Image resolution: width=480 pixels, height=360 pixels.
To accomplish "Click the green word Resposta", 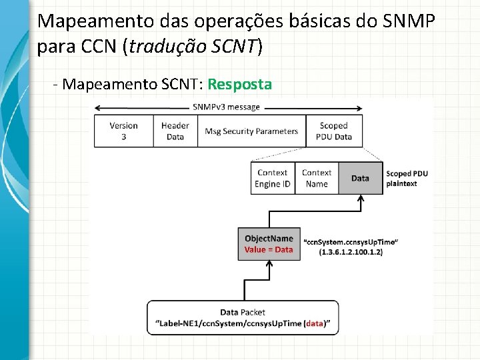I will pos(239,85).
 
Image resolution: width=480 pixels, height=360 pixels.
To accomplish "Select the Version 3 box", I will pos(123,131).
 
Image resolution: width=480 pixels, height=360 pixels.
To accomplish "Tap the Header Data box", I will pos(175,131).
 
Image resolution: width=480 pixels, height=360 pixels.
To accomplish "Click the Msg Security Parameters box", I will pos(251,131).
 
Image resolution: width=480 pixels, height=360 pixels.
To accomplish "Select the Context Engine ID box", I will pos(272,178).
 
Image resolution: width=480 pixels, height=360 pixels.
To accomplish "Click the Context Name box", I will pos(317,178).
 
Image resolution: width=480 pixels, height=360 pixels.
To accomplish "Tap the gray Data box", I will pos(360,178).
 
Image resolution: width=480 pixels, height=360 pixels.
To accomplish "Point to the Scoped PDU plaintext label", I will pos(407,178).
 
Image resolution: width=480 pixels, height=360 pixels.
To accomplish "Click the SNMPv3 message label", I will pos(227,107).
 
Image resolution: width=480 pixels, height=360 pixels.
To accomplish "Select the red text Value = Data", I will pos(269,250).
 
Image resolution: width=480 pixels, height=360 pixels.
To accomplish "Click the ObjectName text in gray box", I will pos(269,239).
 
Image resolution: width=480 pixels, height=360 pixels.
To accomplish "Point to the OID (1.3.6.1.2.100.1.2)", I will pos(351,253).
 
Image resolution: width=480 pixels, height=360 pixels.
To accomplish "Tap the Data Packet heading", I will pos(243,312).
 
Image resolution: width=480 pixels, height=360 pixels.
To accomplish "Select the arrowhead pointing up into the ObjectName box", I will pos(269,264).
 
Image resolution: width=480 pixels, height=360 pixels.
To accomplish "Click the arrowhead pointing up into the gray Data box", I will pos(360,199).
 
